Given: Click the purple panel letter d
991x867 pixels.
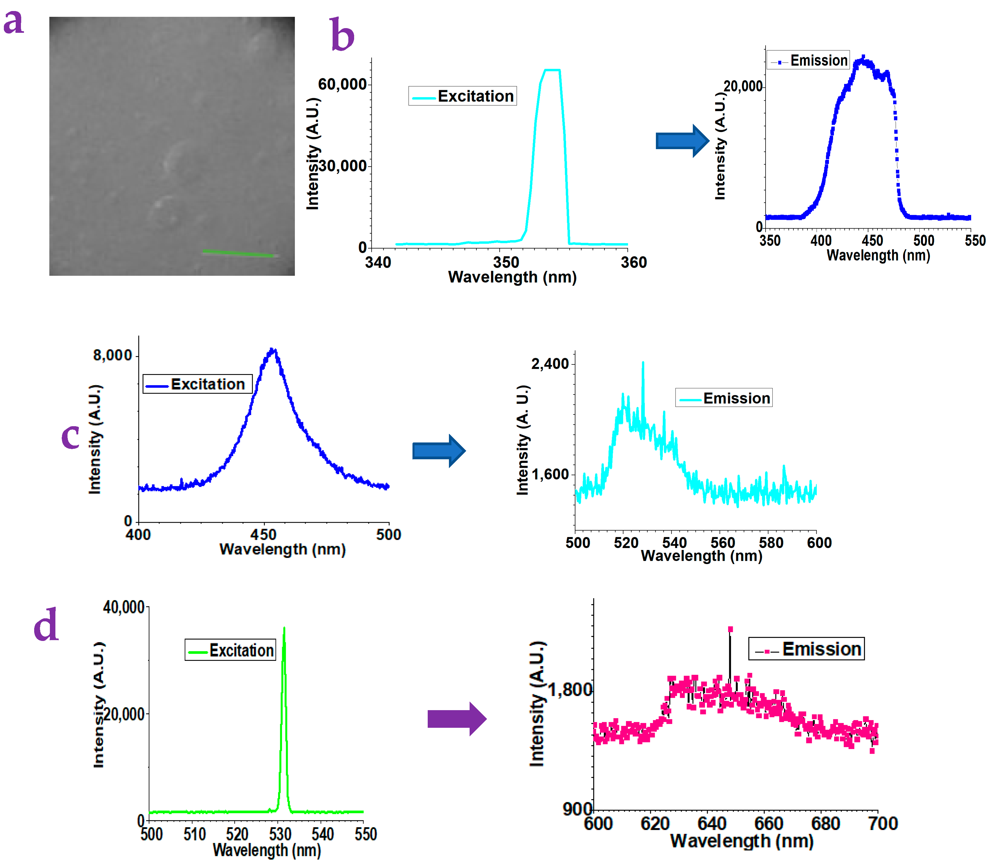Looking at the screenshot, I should pos(46,626).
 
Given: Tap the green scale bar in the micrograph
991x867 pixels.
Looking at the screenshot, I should pos(239,253).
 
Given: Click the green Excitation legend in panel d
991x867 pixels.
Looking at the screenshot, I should pos(230,650).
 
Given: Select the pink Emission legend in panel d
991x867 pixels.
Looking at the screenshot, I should pos(806,649).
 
